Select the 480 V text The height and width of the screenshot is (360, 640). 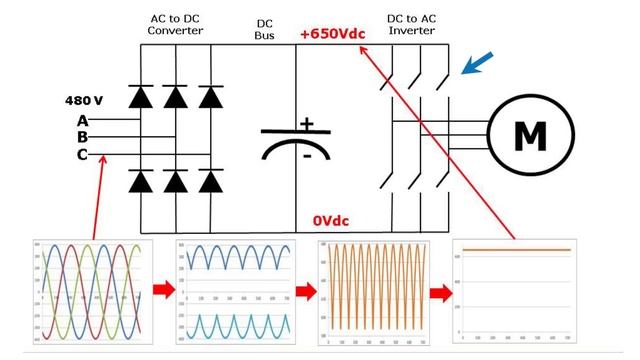[x=84, y=101]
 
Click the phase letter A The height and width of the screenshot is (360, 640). [x=82, y=121]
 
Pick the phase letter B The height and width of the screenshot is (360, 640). [x=82, y=137]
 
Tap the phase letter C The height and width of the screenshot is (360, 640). [x=82, y=154]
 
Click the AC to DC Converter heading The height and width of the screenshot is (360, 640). [x=175, y=24]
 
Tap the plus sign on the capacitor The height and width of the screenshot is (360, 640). [x=307, y=124]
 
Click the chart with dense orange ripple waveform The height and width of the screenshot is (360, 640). [x=371, y=291]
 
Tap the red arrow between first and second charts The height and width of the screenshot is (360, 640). [x=163, y=292]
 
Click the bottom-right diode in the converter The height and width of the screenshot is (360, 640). [x=209, y=181]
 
